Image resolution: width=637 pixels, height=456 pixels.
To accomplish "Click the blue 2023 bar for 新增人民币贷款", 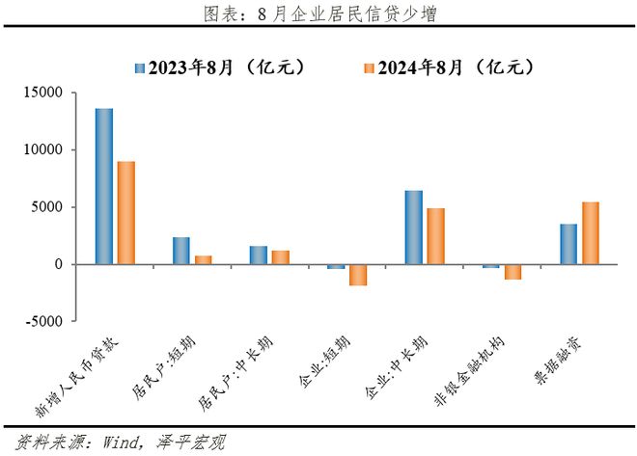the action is click(104, 187).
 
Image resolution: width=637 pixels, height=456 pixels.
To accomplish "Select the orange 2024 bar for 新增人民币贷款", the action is click(126, 213).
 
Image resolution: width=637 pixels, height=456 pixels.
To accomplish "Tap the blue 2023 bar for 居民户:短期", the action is click(181, 251).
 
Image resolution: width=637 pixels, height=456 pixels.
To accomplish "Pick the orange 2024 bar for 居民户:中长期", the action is click(281, 257).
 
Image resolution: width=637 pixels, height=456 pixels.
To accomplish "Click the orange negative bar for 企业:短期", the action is click(358, 275).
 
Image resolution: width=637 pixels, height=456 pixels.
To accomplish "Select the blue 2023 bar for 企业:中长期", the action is click(413, 228).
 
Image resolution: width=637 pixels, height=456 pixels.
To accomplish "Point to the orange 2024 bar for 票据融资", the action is click(591, 233).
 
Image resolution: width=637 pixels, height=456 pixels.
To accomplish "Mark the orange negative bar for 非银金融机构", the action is click(513, 272).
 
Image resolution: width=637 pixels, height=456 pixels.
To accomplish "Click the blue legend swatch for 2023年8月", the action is click(140, 68).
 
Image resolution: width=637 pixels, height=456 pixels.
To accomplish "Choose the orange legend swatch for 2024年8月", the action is click(369, 68).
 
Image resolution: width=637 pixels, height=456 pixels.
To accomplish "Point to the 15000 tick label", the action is click(43, 93).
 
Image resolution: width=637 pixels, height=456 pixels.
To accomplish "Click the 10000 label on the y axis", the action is click(43, 149).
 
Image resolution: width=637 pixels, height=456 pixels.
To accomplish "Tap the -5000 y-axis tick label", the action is click(44, 321).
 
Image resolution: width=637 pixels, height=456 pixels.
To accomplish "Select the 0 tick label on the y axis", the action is click(59, 264).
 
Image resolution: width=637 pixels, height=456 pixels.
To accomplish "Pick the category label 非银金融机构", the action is click(469, 371).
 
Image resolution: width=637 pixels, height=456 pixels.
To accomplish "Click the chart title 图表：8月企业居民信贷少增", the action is click(320, 14).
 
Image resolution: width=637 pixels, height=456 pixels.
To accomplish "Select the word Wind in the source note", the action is click(121, 442).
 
